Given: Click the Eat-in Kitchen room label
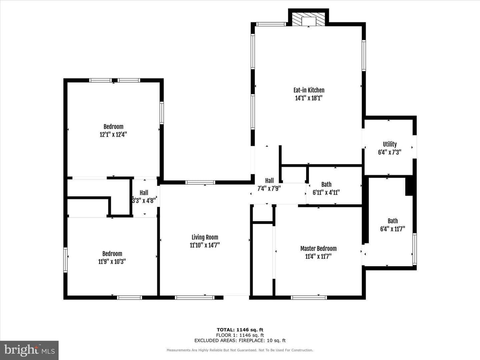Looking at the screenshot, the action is coord(309,90).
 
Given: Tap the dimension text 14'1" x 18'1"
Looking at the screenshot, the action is coord(309,98).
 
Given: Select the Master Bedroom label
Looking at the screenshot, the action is coord(318,249).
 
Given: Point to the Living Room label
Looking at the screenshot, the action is coord(205,237).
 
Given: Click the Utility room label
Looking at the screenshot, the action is coord(390,144).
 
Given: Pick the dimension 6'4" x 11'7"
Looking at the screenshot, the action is coord(393,229).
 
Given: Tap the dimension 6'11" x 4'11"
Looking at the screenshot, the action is coord(326,193).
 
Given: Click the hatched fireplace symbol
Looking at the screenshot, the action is coord(308,19).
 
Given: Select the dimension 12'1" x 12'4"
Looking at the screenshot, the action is coord(113,134).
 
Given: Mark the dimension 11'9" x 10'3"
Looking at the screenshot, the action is coord(112,261).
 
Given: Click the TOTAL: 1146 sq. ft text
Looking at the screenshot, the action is coord(240,330).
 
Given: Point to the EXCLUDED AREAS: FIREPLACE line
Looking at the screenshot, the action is coord(240,341).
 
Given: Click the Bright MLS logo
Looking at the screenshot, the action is coord(29,350).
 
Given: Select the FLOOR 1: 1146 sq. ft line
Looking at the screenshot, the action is coord(240,335).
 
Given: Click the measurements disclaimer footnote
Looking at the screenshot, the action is coord(240,350).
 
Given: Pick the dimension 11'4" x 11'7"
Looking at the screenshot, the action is coord(318,256).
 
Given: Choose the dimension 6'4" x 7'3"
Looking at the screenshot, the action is coord(390,152).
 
